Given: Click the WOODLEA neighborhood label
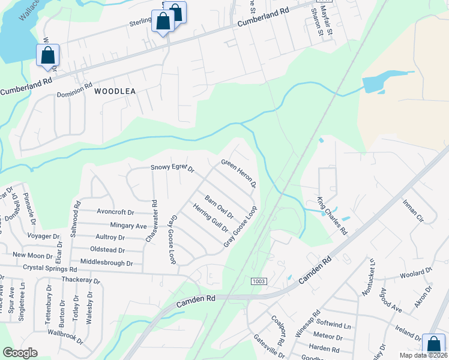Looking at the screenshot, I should (115, 91).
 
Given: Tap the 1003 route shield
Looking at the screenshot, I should (259, 281).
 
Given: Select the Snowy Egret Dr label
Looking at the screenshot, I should (172, 169).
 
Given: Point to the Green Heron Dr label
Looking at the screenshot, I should (239, 173).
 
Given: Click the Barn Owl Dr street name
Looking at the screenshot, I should (218, 207).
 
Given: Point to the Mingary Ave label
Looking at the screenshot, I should (125, 226).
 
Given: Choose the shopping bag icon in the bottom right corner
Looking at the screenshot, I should (433, 345).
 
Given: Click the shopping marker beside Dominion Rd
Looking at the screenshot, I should (47, 55).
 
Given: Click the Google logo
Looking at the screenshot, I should (20, 353).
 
